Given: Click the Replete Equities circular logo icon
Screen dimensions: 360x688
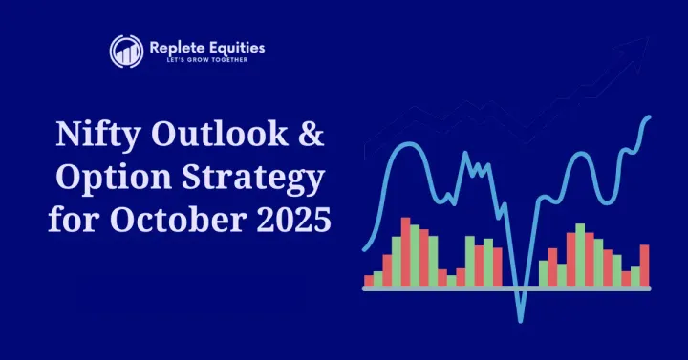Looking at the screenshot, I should (126, 52).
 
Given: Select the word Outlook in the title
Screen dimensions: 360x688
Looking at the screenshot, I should (215, 137).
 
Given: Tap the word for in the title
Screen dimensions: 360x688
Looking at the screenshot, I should (74, 221).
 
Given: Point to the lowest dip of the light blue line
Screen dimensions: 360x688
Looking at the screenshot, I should (521, 317).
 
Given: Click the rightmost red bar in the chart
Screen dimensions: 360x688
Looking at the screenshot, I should (644, 265).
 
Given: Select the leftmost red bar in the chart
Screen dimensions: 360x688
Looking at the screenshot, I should (369, 280).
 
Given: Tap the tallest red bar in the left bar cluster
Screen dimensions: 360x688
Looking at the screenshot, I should (405, 252).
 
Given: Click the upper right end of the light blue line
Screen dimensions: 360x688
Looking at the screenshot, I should (650, 117).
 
